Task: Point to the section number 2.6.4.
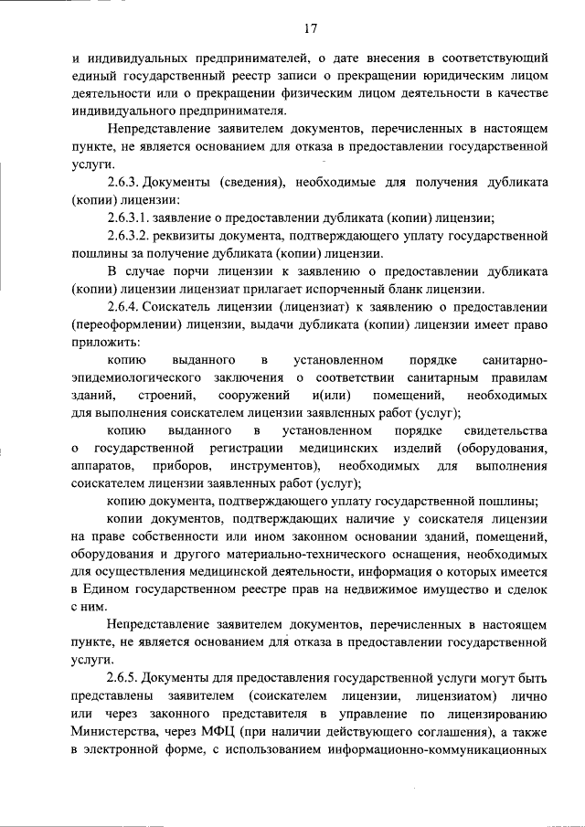click(127, 306)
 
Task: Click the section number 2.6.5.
click(127, 677)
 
